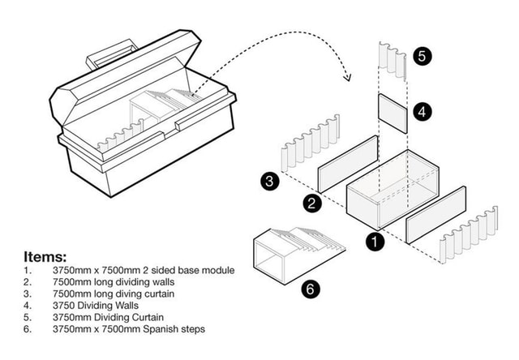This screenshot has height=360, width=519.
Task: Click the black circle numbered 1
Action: pyautogui.click(x=374, y=241)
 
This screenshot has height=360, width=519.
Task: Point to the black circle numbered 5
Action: pyautogui.click(x=422, y=56)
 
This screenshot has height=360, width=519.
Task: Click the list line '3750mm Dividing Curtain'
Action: pyautogui.click(x=105, y=317)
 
